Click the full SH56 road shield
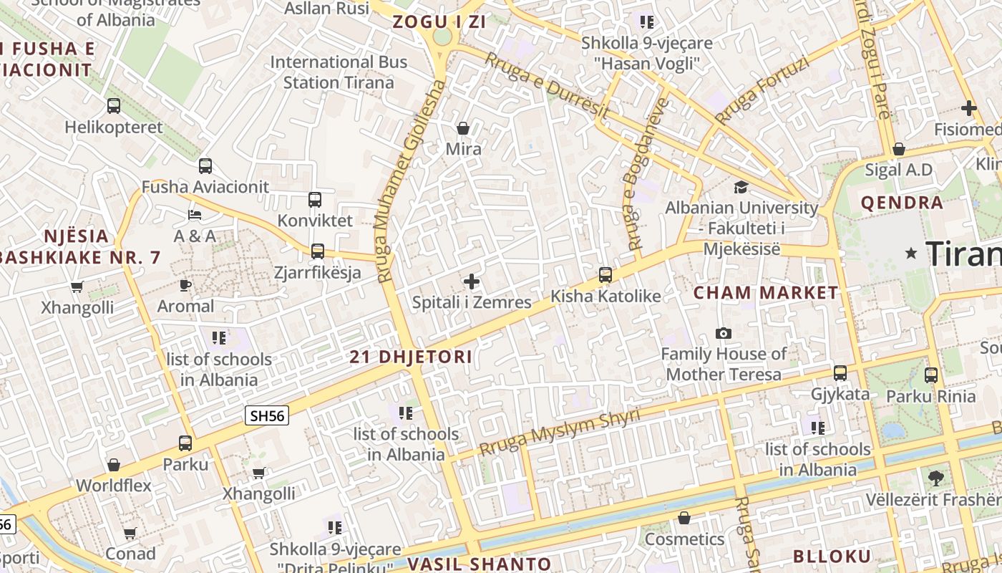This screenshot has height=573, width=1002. (x=267, y=415)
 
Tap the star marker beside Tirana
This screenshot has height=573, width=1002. (x=911, y=253)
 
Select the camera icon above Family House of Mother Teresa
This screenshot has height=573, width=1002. (x=724, y=334)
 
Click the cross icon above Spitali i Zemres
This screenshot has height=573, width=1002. (x=472, y=281)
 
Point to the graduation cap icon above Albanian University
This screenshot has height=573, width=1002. (x=741, y=188)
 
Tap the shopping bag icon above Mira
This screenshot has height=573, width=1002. (x=463, y=129)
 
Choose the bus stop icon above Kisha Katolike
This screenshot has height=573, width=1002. (x=605, y=275)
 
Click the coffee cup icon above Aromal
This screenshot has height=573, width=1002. (x=185, y=286)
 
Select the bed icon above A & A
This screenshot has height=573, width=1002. (x=195, y=215)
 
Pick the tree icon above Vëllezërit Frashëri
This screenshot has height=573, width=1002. (x=935, y=478)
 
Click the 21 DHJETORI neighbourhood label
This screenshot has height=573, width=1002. (x=411, y=357)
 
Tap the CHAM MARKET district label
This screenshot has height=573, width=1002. (x=766, y=292)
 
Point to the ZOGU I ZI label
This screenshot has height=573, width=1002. (x=439, y=21)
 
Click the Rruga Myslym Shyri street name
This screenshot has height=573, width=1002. (x=560, y=433)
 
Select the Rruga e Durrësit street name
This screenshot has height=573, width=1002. (x=548, y=87)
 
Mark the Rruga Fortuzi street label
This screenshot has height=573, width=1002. (x=762, y=90)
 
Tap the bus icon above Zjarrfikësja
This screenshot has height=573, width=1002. (x=318, y=251)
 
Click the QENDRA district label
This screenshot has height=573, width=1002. (x=902, y=203)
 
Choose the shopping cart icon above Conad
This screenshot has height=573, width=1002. (x=130, y=534)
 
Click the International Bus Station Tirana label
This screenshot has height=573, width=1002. (x=339, y=72)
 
